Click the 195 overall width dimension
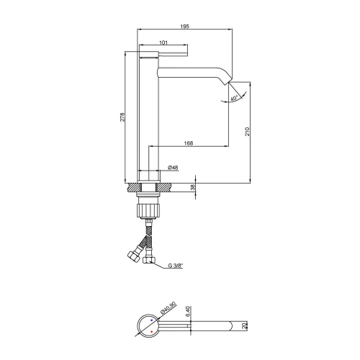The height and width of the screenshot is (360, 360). [184, 27]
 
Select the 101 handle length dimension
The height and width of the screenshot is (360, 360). [163, 42]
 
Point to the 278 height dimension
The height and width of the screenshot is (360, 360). [122, 117]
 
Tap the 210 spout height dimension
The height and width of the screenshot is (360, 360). [247, 132]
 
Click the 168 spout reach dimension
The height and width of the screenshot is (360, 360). [189, 143]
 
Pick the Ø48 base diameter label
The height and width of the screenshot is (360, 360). [173, 168]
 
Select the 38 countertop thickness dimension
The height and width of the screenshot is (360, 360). [193, 187]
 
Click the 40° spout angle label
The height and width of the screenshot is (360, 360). [234, 98]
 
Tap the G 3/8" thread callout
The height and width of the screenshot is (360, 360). [176, 266]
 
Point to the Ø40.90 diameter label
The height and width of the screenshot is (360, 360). [168, 308]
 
